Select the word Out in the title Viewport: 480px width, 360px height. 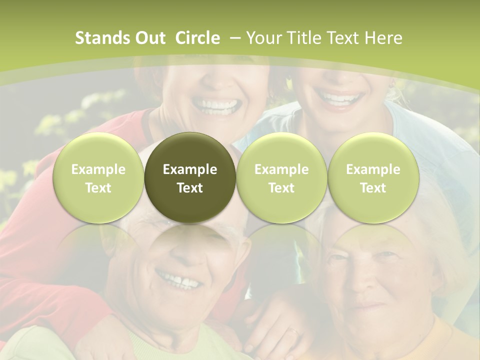149,38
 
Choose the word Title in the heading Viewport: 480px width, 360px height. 304,38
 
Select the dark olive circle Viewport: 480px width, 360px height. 190,178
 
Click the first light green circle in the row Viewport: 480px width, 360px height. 98,178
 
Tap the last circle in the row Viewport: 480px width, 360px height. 373,178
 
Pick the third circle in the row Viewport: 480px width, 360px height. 281,178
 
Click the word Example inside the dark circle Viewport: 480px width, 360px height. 190,169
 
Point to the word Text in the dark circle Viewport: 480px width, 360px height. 190,188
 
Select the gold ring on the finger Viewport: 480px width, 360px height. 294,331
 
